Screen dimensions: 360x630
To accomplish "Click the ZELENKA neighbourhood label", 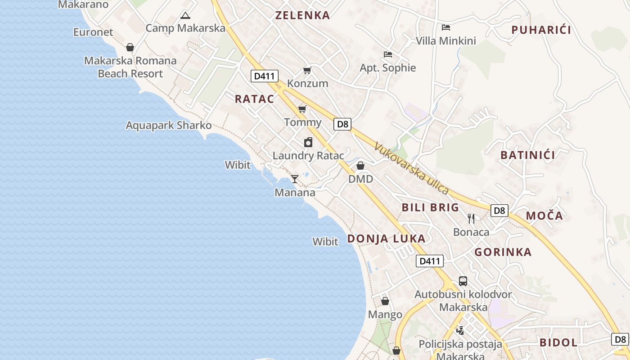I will [x=302, y=15].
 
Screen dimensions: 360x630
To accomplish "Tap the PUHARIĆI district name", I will [x=541, y=30].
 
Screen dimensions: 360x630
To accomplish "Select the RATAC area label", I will [x=254, y=99].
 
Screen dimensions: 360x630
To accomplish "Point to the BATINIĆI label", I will [x=527, y=155].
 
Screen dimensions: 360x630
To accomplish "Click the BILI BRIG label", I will [x=430, y=207].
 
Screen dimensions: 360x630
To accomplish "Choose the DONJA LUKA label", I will [x=386, y=238].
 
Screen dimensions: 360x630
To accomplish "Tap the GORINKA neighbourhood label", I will [x=503, y=252].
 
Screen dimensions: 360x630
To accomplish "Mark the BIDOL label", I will [x=558, y=342].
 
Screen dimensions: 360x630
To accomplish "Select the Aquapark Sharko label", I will [x=168, y=125].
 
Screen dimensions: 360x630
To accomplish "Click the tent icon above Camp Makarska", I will [x=185, y=16].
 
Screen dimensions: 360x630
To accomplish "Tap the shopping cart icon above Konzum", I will [x=307, y=70].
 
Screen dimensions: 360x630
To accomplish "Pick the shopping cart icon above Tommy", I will [x=302, y=109].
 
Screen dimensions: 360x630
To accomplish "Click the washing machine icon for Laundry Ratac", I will [x=308, y=143].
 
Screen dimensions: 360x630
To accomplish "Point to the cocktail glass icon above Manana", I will [x=295, y=179].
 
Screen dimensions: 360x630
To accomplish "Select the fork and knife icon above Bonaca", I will [x=471, y=219].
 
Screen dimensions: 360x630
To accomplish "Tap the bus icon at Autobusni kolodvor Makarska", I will [x=463, y=281].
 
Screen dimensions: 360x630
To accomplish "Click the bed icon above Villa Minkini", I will [x=446, y=27].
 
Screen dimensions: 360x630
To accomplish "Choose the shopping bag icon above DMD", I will [x=360, y=166].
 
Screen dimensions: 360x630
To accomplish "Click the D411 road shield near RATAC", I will [x=264, y=76].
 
